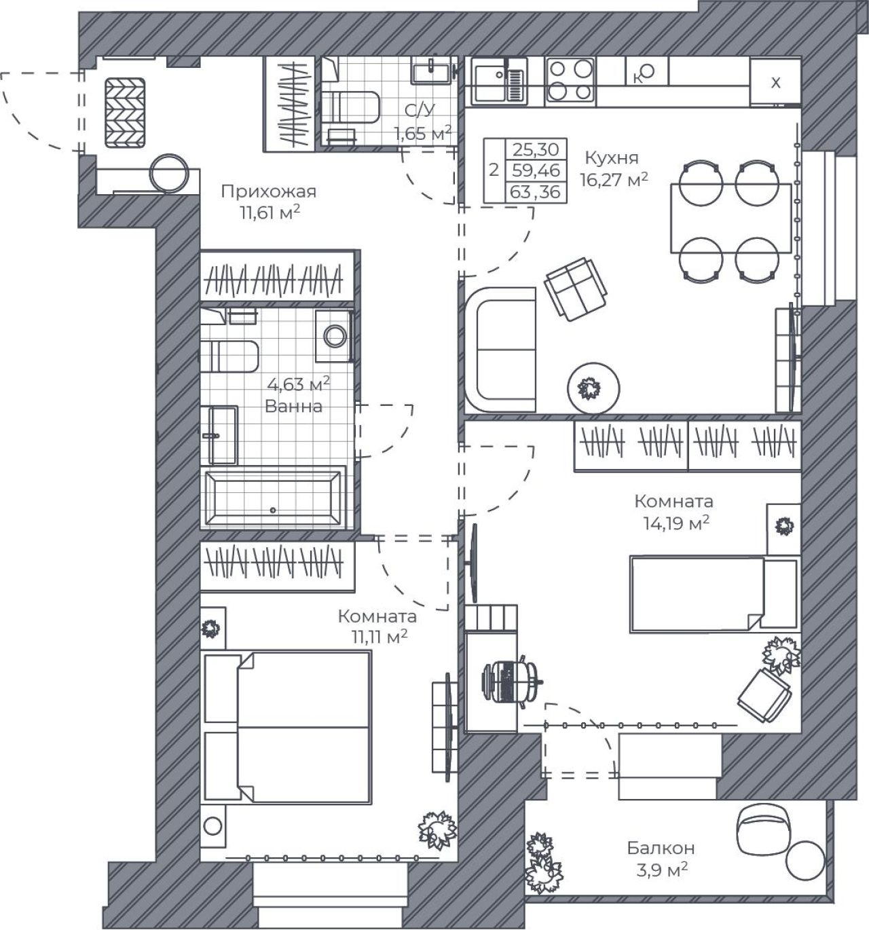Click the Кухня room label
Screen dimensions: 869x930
click(612, 157)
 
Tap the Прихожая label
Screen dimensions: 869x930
click(268, 191)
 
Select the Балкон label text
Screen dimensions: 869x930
click(661, 848)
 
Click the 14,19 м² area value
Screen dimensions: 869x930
click(676, 523)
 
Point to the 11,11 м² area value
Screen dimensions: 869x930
click(380, 636)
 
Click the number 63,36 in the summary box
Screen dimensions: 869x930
click(536, 192)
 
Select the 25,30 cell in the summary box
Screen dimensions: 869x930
click(536, 149)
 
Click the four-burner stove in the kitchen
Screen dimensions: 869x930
click(570, 81)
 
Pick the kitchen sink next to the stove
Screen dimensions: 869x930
click(499, 81)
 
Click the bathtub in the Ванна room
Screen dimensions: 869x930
click(273, 498)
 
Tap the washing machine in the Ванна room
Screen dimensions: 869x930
click(335, 336)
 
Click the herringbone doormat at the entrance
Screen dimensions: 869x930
click(125, 113)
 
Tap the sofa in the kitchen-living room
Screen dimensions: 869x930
click(500, 350)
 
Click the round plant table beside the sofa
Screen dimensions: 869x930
click(593, 388)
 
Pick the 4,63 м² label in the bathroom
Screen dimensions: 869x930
click(299, 384)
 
